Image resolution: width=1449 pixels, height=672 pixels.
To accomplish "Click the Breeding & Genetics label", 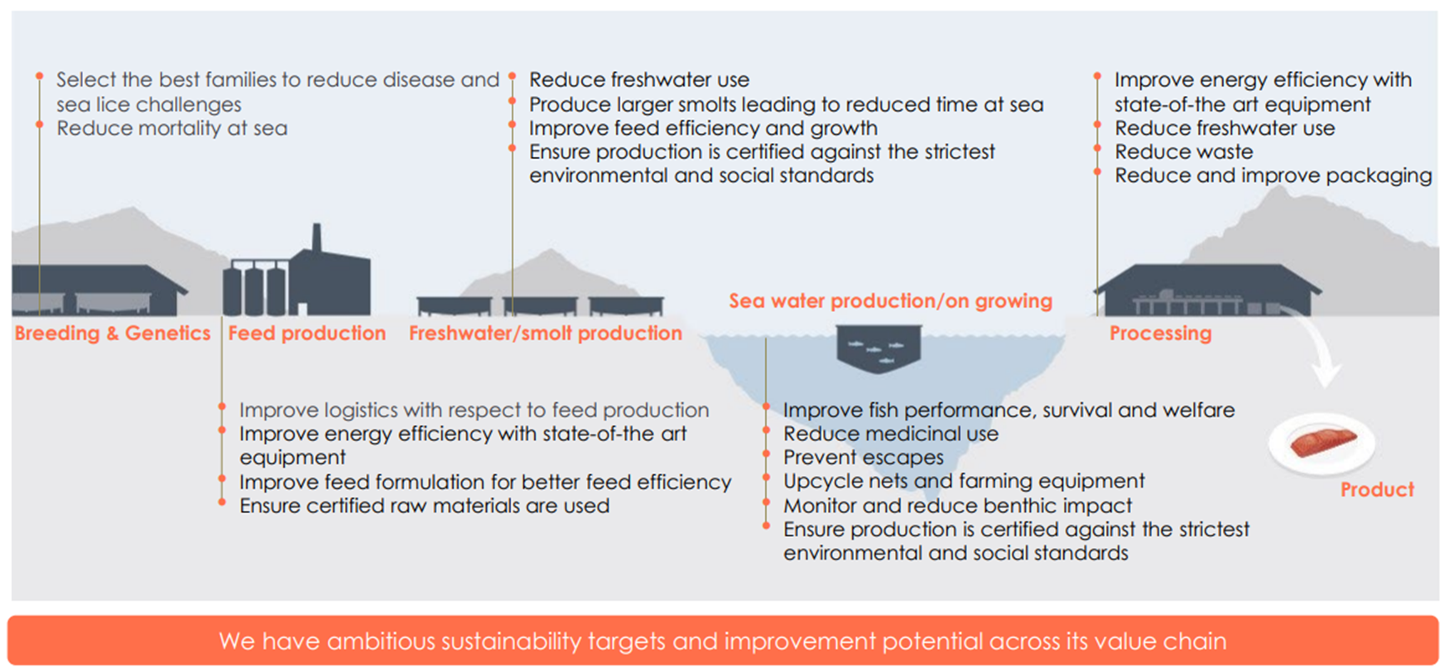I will (x=113, y=334).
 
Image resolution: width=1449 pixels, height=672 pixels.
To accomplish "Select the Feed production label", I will (x=306, y=334).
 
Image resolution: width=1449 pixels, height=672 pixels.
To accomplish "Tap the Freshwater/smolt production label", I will (x=545, y=334).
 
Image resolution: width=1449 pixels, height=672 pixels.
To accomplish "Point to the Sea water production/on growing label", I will (x=890, y=301).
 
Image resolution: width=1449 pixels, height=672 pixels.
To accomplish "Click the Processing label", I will (x=1160, y=334).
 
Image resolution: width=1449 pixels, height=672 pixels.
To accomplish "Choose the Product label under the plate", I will (x=1377, y=490).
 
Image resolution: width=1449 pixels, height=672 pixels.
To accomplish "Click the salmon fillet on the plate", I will (x=1322, y=443).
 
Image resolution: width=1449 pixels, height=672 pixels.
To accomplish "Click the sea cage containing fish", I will (x=879, y=348).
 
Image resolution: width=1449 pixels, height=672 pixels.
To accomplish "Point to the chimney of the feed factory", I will (x=316, y=238).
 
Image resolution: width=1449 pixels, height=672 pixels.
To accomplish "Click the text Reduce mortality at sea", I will (x=171, y=128).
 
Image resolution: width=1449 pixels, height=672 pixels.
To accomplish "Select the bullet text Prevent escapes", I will (x=863, y=458).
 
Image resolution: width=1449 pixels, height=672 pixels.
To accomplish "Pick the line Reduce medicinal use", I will (x=890, y=434).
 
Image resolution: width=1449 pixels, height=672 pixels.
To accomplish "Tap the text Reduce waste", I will (x=1183, y=152).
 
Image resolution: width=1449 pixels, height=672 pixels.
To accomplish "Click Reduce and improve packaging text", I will (x=1273, y=175).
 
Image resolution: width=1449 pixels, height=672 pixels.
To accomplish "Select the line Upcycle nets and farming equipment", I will (x=963, y=481).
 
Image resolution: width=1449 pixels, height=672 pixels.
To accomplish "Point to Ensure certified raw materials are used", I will (x=424, y=506).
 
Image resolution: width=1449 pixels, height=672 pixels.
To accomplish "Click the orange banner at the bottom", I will (x=723, y=641).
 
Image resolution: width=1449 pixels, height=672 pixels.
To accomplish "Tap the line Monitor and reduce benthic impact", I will (x=957, y=506).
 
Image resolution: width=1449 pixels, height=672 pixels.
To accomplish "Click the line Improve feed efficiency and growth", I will (x=703, y=128).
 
